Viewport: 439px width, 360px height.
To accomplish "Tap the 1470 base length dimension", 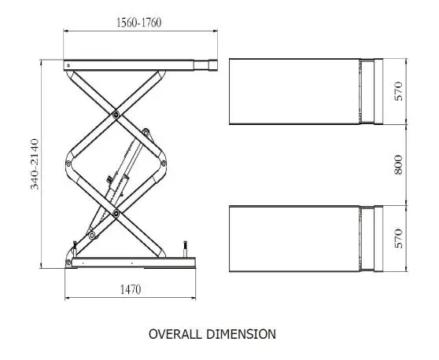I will (130, 289).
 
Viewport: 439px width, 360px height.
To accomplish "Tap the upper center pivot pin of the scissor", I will (116, 115).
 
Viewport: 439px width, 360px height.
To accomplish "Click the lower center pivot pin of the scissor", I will (116, 211).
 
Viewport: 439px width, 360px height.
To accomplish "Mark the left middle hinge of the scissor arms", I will (68, 163).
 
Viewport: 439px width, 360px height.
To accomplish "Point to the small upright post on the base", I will (186, 251).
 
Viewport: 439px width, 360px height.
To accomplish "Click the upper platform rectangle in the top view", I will (295, 91).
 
